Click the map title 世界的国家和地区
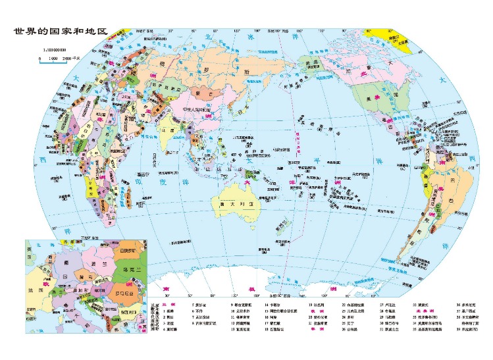59,31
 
